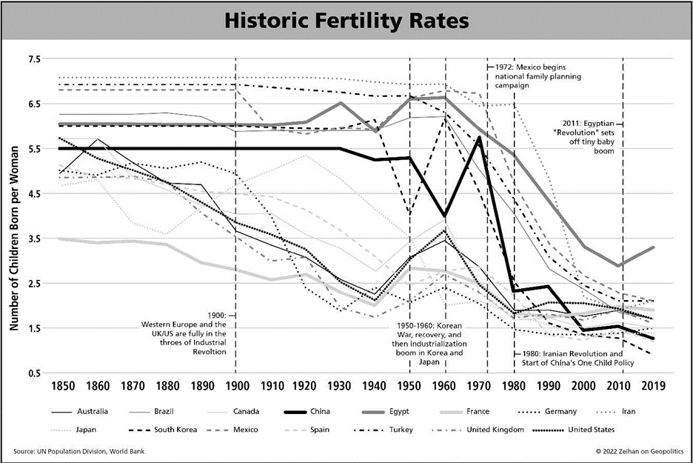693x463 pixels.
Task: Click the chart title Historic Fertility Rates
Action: click(x=346, y=21)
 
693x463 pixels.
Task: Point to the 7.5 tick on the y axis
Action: click(x=36, y=59)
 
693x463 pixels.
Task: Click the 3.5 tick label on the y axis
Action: click(x=36, y=238)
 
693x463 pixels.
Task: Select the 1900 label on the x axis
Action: click(x=236, y=386)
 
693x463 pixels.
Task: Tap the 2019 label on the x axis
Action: click(x=652, y=386)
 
